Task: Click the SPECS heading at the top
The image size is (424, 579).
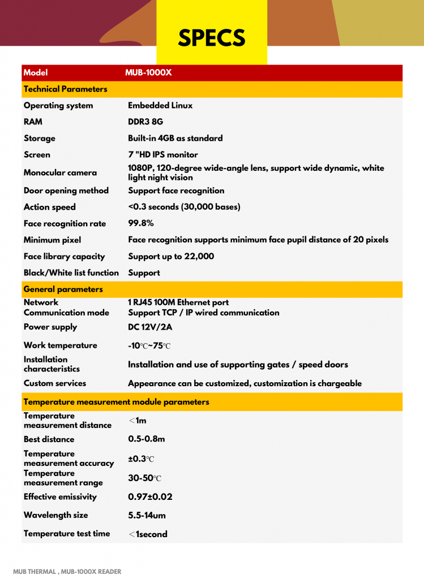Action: click(212, 38)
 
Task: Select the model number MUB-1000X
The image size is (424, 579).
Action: click(148, 72)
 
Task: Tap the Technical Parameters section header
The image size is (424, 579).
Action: click(65, 89)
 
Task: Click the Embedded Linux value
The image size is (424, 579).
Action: click(160, 106)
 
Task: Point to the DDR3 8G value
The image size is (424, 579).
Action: click(145, 122)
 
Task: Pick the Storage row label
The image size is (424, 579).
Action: click(40, 139)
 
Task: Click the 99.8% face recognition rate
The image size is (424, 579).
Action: click(141, 223)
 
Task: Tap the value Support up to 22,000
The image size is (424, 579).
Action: click(171, 256)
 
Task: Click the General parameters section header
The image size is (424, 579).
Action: click(63, 289)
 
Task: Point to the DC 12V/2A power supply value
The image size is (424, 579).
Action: click(151, 327)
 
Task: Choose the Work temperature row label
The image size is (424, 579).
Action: click(61, 345)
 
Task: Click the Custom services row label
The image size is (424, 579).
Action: click(55, 383)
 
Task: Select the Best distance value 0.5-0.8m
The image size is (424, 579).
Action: click(147, 439)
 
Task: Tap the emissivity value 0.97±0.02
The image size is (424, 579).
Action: click(150, 497)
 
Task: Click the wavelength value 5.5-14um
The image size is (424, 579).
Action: click(147, 515)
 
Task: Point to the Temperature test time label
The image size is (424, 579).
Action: click(67, 534)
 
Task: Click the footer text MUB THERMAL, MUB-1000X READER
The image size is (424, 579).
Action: click(67, 572)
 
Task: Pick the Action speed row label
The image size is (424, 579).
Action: click(50, 207)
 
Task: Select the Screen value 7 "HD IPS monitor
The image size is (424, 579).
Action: click(163, 154)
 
